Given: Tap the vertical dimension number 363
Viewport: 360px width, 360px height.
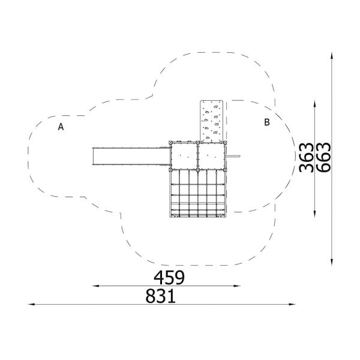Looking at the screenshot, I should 306,157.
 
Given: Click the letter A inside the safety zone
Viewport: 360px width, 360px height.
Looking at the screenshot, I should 61,127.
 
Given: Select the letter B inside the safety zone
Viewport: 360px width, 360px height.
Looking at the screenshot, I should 267,122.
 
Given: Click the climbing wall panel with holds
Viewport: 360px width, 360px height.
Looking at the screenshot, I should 212,120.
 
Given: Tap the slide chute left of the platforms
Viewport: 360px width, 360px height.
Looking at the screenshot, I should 130,157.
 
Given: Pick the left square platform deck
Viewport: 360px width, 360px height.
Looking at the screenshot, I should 184,157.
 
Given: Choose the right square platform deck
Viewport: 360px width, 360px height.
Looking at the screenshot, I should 212,157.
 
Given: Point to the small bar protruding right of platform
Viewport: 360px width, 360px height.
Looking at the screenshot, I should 234,158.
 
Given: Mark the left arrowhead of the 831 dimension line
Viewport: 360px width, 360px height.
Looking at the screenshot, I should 31,305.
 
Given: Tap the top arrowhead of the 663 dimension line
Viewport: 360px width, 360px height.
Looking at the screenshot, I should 332,55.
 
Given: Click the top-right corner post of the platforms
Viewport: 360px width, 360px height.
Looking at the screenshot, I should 226,142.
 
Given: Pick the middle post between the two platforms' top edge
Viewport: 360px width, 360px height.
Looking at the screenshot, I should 198,142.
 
